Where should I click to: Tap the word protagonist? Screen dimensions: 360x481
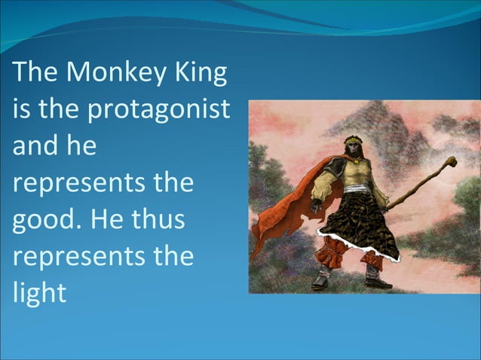(160, 110)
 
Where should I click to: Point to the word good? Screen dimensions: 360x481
(45, 221)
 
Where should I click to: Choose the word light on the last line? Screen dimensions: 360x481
(38, 292)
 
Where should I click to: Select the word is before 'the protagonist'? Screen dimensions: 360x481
(20, 109)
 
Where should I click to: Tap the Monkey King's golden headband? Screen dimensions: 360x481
(354, 140)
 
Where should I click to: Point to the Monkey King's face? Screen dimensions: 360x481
(354, 149)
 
